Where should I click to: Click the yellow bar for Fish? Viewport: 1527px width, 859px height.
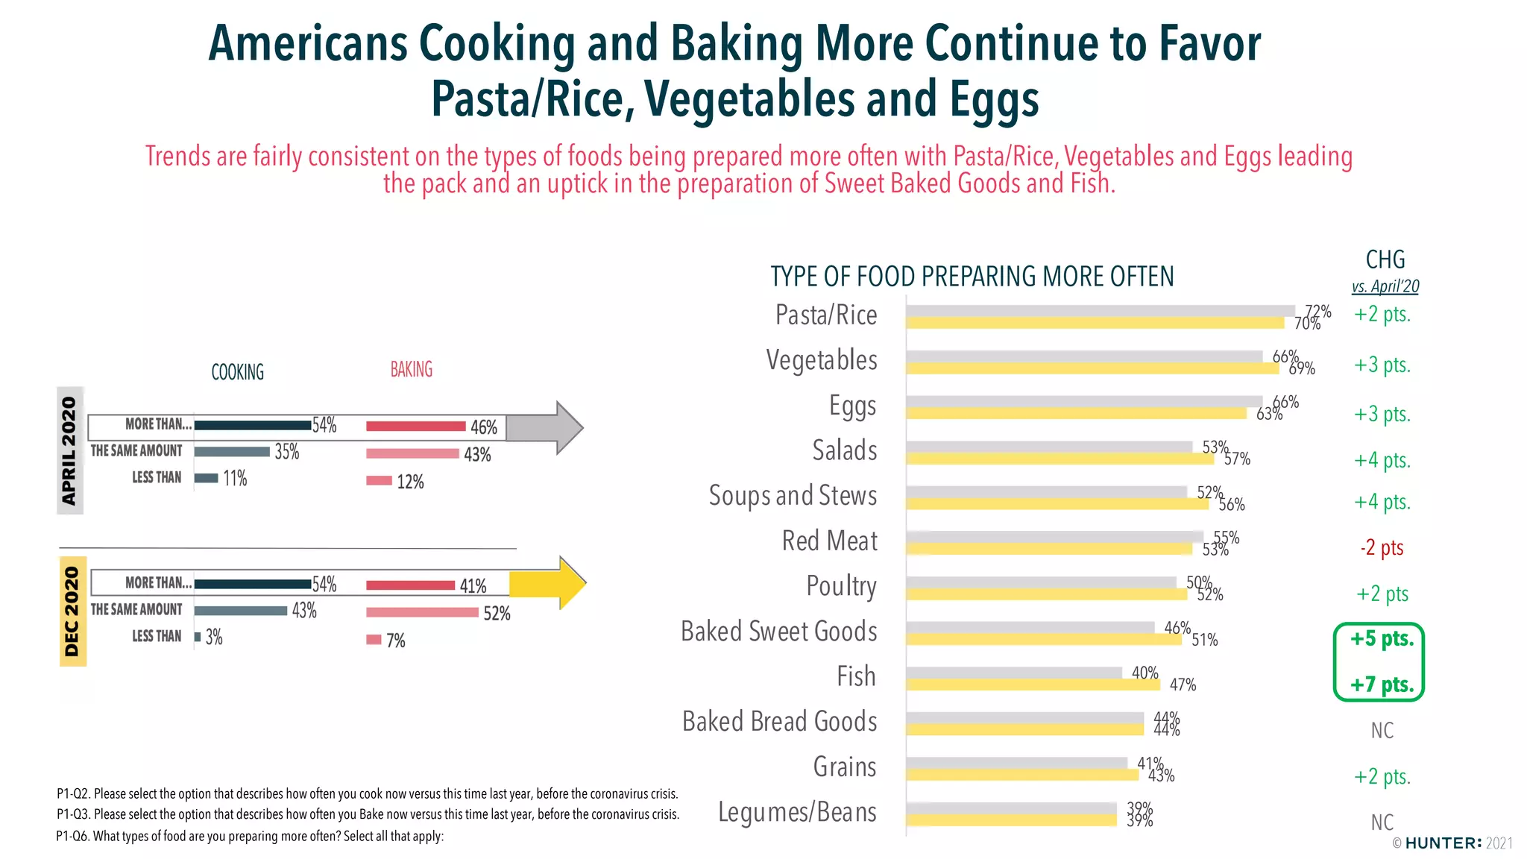pyautogui.click(x=1033, y=685)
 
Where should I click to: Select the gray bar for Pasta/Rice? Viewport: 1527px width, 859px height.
pyautogui.click(x=1100, y=311)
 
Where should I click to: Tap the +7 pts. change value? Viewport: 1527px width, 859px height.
pyautogui.click(x=1382, y=685)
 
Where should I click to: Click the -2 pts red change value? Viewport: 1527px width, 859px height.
pyautogui.click(x=1382, y=548)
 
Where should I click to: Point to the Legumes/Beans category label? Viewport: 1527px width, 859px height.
pyautogui.click(x=797, y=812)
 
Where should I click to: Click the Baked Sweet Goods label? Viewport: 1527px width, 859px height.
pyautogui.click(x=778, y=632)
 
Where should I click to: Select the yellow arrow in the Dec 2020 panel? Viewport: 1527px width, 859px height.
pyautogui.click(x=552, y=583)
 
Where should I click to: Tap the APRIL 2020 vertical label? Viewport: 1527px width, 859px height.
pyautogui.click(x=69, y=450)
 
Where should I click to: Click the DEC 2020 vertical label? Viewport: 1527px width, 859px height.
pyautogui.click(x=72, y=611)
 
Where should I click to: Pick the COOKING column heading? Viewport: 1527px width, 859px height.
pyautogui.click(x=237, y=372)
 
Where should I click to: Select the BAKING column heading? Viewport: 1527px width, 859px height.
pyautogui.click(x=411, y=370)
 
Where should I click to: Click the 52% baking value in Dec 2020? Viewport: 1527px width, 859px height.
pyautogui.click(x=497, y=614)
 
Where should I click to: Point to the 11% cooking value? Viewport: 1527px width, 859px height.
pyautogui.click(x=235, y=479)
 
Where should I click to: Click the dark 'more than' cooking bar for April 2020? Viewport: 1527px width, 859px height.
pyautogui.click(x=252, y=426)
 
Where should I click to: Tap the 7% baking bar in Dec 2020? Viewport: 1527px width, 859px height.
pyautogui.click(x=374, y=640)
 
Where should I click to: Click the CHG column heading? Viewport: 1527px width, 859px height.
pyautogui.click(x=1385, y=260)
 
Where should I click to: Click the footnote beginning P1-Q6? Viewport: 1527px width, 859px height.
pyautogui.click(x=250, y=837)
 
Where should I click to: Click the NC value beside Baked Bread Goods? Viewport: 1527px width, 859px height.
pyautogui.click(x=1382, y=731)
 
